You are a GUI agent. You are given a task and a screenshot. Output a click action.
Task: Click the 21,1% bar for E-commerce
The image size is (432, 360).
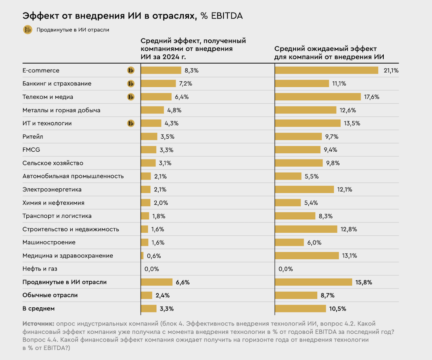tap(326, 70)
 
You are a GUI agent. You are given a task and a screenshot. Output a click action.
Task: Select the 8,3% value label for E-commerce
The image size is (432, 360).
tap(192, 70)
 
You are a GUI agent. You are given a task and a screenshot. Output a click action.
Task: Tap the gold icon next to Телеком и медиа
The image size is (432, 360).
tap(131, 97)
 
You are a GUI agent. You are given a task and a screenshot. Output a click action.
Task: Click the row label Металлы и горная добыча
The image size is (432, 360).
tap(61, 110)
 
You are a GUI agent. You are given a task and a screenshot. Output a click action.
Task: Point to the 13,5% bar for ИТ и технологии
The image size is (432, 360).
tap(308, 123)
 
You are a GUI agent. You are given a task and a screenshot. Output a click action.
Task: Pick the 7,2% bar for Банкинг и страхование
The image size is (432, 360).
tap(158, 84)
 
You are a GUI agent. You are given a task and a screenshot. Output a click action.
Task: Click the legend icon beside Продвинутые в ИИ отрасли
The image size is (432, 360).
tap(28, 29)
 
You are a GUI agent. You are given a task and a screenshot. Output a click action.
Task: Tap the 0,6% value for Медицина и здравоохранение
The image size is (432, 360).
tap(154, 256)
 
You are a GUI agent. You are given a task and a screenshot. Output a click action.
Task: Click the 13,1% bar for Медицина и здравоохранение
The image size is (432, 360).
tap(307, 256)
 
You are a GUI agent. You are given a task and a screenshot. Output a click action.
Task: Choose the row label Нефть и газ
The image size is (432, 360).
tap(40, 269)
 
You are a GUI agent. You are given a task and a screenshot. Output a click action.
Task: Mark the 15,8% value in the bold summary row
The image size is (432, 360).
tap(364, 282)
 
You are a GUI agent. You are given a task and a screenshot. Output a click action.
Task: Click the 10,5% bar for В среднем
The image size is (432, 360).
tap(300, 309)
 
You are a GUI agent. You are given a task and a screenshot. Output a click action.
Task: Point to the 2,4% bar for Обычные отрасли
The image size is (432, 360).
tap(146, 295)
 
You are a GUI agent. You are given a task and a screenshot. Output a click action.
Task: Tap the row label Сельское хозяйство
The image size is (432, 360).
tap(53, 163)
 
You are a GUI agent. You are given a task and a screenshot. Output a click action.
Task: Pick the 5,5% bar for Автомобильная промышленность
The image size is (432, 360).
tap(288, 176)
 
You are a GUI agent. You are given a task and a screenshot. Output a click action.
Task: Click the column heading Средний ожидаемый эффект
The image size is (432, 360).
tap(325, 48)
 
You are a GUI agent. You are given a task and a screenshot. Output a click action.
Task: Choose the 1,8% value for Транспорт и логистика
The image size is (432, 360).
tap(159, 216)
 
